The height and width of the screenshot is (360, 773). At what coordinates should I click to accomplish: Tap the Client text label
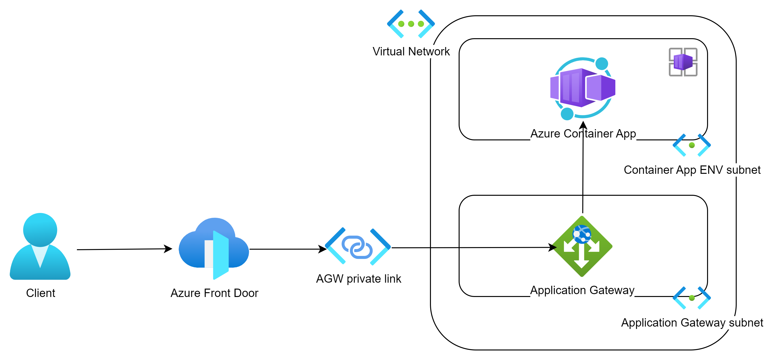41,293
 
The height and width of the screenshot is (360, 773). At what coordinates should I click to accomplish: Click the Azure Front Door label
214,293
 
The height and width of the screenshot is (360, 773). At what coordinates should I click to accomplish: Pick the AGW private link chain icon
358,247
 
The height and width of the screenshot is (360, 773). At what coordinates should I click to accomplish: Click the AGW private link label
359,279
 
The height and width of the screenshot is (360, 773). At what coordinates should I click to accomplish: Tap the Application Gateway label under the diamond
582,290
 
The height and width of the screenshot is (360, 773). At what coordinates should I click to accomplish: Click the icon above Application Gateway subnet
692,298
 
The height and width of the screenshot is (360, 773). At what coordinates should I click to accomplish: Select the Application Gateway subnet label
692,323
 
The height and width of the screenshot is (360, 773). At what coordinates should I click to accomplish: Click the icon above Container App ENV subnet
692,145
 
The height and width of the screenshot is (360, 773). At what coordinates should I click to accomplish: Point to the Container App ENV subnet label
692,170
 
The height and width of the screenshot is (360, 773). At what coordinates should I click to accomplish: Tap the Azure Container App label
583,133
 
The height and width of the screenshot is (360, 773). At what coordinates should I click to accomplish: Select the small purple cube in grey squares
683,62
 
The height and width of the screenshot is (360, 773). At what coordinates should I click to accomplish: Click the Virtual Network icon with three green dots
411,24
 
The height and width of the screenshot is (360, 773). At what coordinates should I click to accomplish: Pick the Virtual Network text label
411,51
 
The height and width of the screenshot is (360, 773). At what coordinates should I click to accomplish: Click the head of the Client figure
40,229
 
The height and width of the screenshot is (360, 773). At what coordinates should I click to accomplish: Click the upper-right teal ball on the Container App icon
602,64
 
